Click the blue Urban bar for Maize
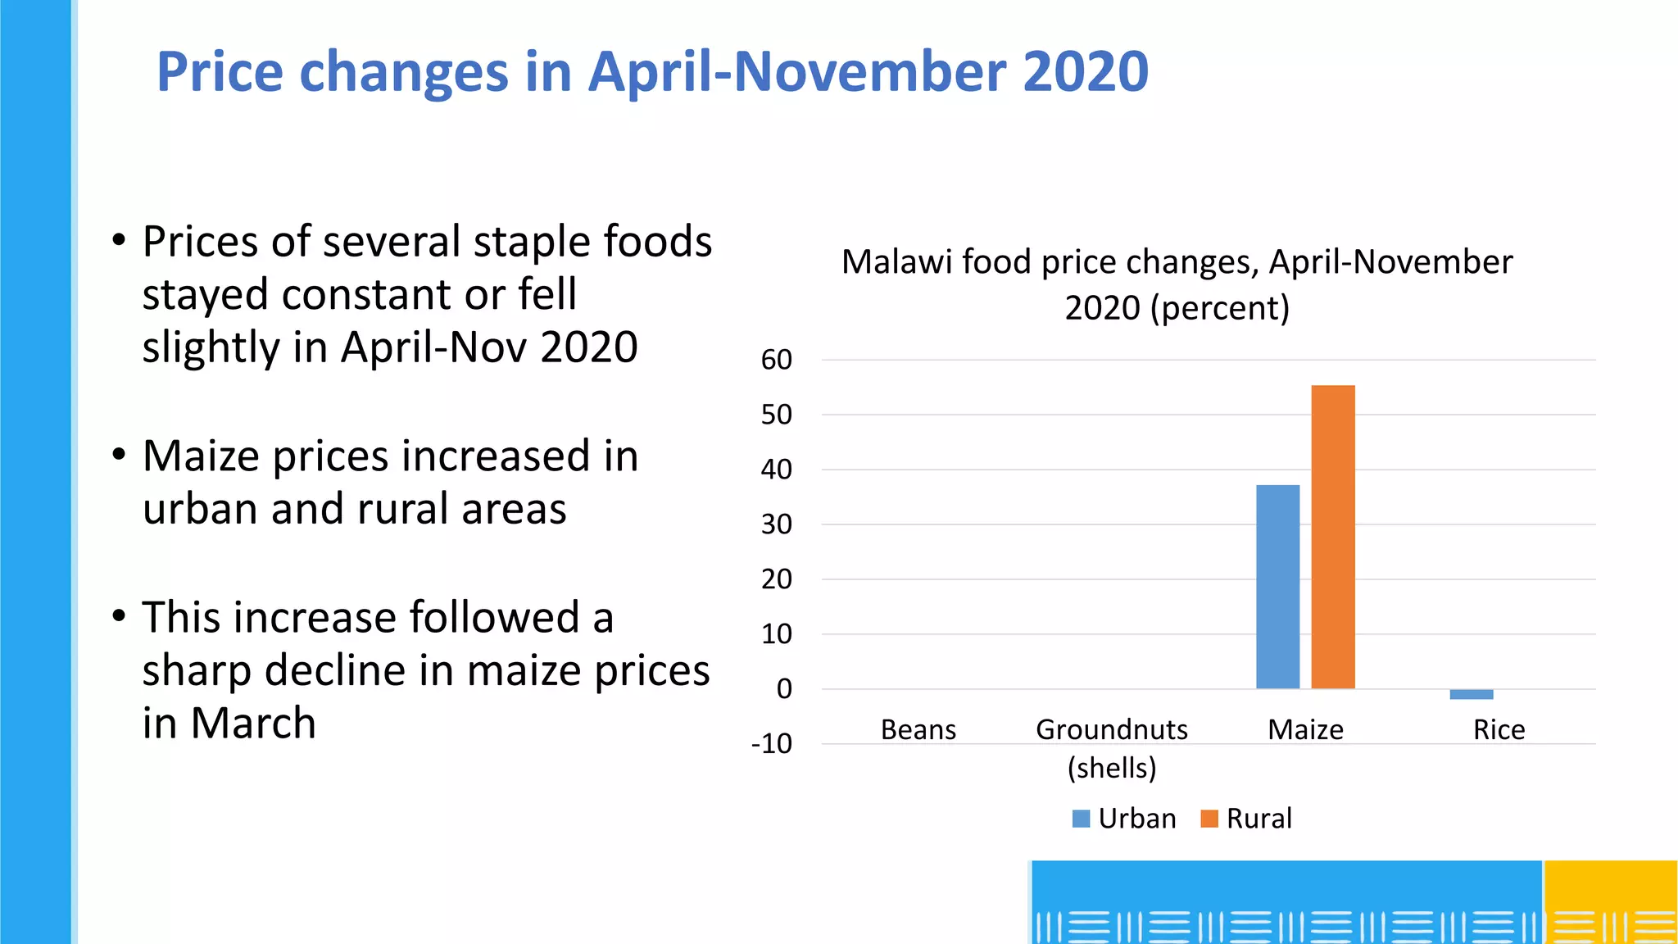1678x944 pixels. click(x=1277, y=587)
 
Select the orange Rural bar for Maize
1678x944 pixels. click(x=1333, y=537)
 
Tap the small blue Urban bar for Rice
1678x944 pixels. click(x=1471, y=694)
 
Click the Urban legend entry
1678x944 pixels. click(x=1124, y=819)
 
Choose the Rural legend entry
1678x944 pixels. click(x=1246, y=819)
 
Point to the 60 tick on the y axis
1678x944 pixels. click(x=777, y=360)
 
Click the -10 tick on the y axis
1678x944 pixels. click(x=772, y=744)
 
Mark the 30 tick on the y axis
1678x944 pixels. click(x=777, y=524)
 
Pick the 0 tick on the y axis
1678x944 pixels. click(x=784, y=689)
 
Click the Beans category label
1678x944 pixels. click(x=918, y=729)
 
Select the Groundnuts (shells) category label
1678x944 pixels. click(x=1112, y=747)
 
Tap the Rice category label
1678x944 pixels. click(x=1499, y=729)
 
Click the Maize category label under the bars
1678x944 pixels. click(x=1305, y=729)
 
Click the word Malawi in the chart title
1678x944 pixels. click(x=896, y=262)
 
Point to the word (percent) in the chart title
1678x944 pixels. click(x=1220, y=308)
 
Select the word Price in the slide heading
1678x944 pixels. click(x=220, y=72)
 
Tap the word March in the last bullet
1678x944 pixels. click(x=253, y=724)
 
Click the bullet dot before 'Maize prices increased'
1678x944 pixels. click(x=120, y=454)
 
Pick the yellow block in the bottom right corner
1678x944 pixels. click(x=1611, y=901)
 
